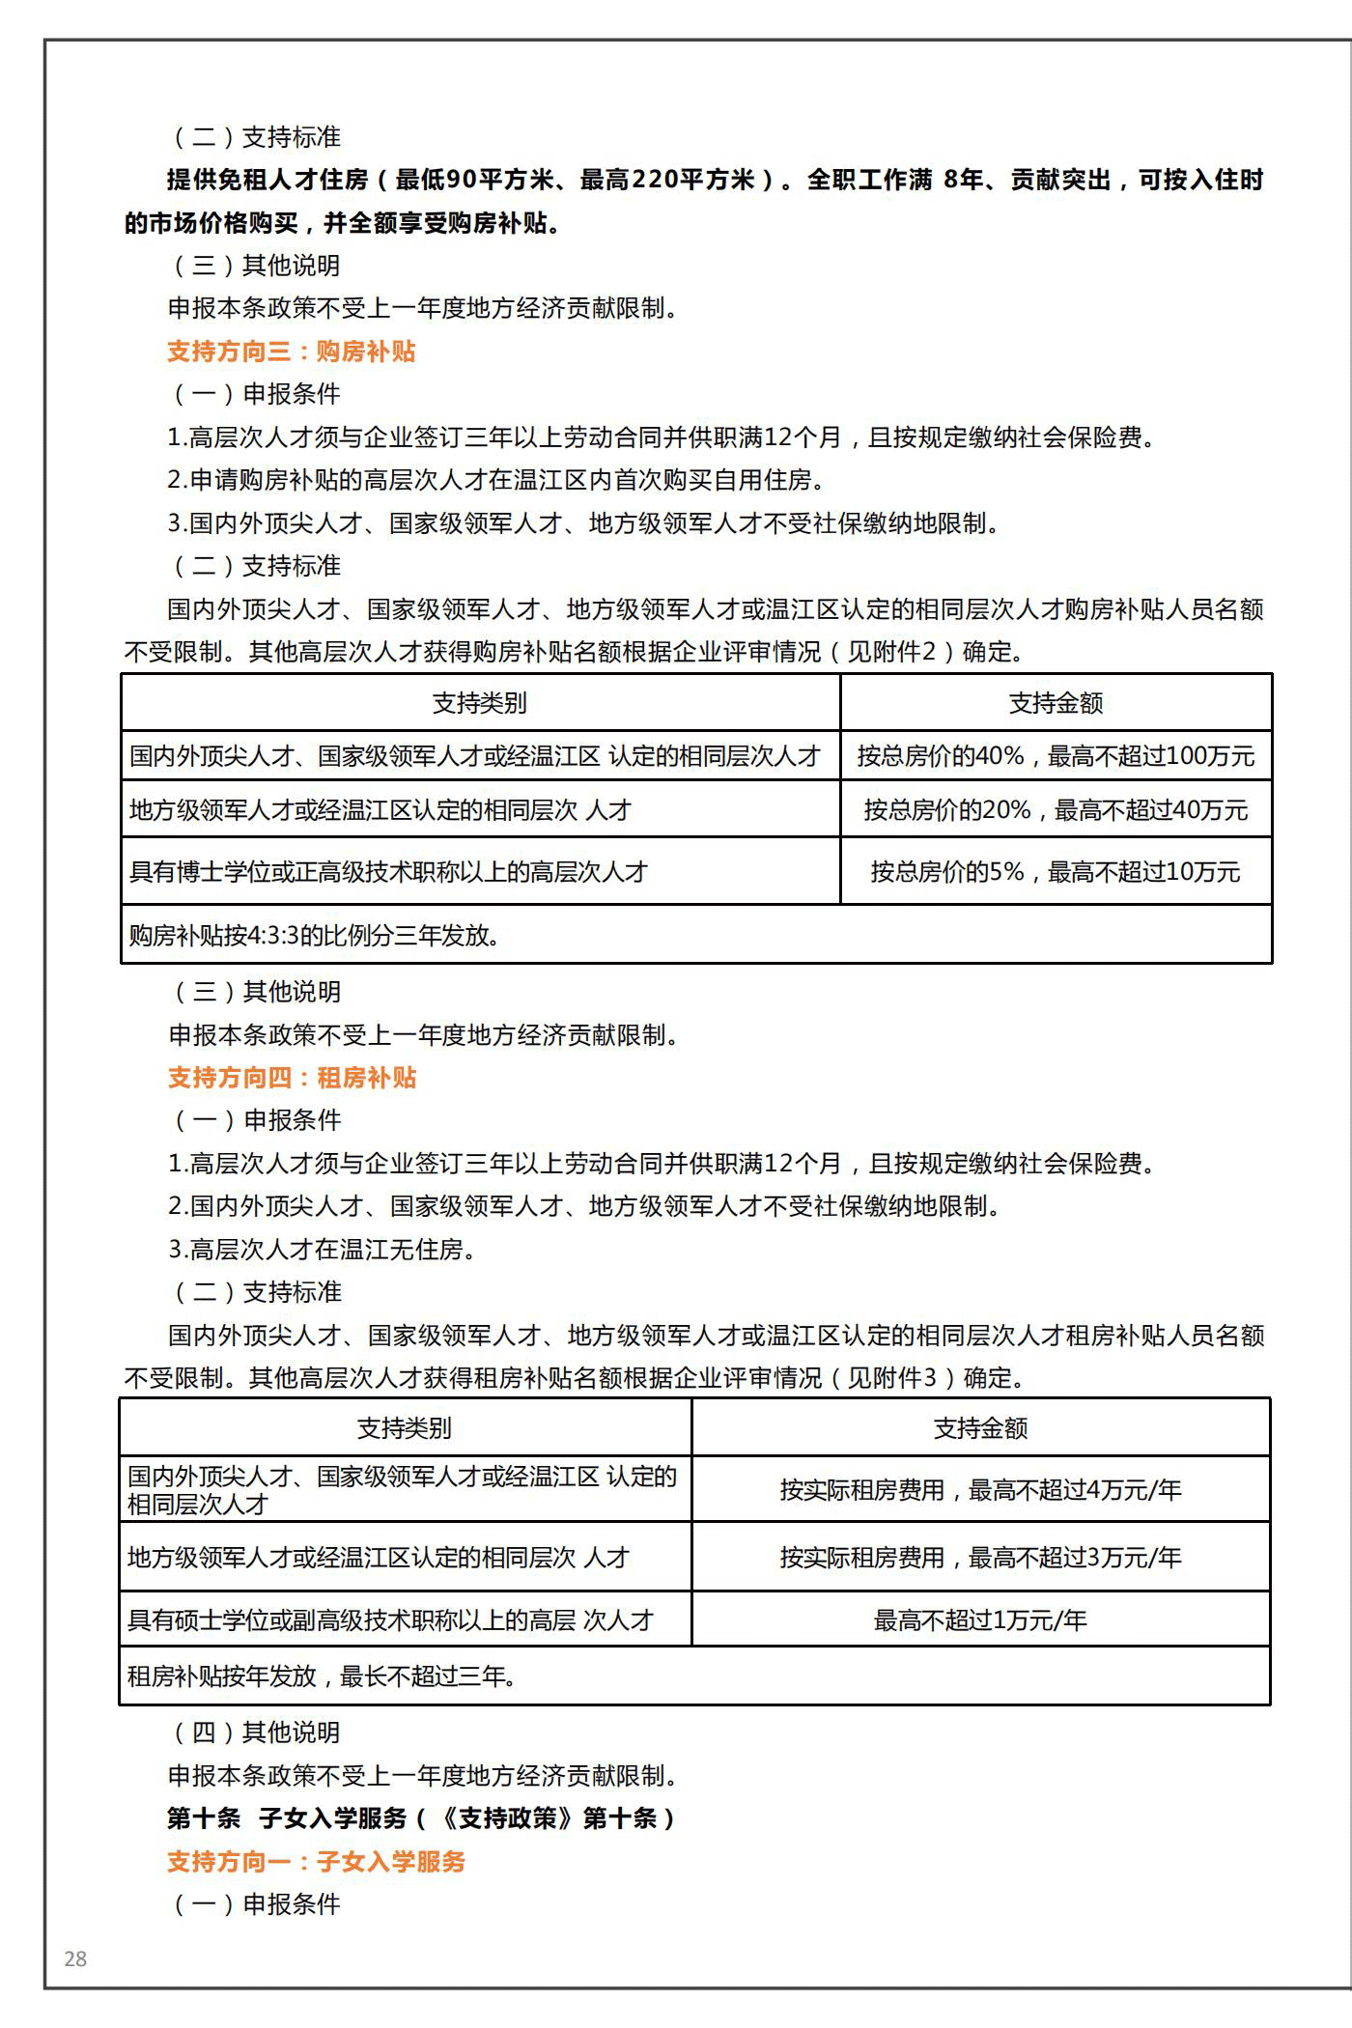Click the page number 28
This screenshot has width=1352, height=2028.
click(75, 1958)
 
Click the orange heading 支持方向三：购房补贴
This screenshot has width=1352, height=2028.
click(291, 352)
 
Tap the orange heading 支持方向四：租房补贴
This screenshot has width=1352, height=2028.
click(292, 1078)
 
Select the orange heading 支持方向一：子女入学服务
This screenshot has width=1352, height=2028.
click(316, 1862)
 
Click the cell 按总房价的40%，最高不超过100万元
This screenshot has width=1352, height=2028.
click(1056, 756)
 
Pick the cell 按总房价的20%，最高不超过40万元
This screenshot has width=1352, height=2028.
click(1056, 810)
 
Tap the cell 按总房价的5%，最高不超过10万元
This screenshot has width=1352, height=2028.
click(1056, 872)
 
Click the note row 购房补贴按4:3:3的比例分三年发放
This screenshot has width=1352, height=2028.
click(315, 936)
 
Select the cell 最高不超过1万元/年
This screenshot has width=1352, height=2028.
click(980, 1620)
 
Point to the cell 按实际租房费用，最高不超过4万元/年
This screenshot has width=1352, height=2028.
click(980, 1490)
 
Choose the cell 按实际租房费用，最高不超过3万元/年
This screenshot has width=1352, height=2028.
click(980, 1558)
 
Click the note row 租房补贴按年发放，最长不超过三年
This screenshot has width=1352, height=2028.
click(323, 1676)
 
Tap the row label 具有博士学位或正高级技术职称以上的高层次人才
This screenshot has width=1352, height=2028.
click(388, 872)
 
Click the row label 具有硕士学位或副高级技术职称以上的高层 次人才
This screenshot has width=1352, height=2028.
click(391, 1620)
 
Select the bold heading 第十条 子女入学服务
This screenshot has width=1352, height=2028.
click(421, 1818)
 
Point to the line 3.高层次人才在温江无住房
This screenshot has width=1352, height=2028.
click(323, 1250)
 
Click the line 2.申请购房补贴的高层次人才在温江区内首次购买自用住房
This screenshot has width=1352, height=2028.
click(496, 480)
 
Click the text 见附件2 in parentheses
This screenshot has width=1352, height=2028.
click(892, 652)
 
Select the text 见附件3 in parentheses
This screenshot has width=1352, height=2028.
click(892, 1378)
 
